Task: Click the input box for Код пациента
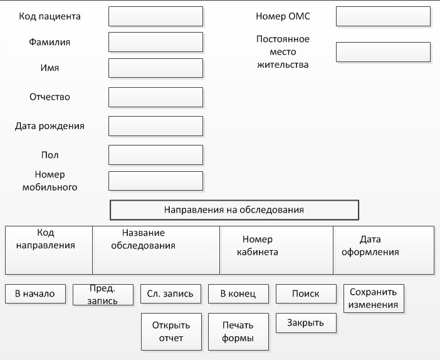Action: coord(155,16)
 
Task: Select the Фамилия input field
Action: coord(155,42)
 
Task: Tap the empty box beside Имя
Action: coord(155,68)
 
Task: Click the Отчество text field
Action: coord(155,97)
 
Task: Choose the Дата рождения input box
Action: coord(155,126)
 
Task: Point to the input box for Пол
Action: coord(155,155)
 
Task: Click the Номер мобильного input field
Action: coord(155,181)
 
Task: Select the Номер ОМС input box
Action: coord(384,16)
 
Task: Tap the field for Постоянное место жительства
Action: coord(384,52)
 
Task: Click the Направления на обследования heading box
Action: coord(234,210)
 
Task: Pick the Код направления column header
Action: coord(49,250)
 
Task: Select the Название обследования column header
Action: coord(156,250)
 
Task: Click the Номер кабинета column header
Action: coord(276,250)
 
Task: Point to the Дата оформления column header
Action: coord(384,250)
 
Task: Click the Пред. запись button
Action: coord(103,295)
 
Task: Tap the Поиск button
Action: coord(306,294)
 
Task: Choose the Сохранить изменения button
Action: coord(374,299)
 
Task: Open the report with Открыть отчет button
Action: coord(172,332)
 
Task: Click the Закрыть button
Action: coord(306,323)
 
